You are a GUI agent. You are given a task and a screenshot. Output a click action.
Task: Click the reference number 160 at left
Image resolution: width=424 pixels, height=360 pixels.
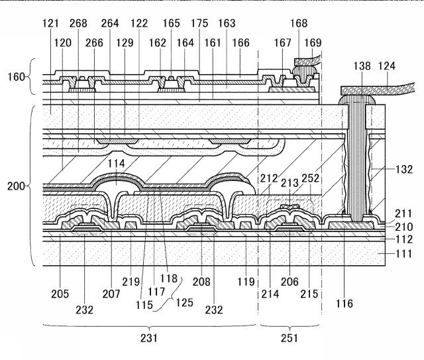[17, 77]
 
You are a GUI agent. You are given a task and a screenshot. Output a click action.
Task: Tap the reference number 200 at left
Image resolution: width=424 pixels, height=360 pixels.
[17, 186]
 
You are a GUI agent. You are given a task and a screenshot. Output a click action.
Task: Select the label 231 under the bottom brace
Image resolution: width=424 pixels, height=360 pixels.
[149, 338]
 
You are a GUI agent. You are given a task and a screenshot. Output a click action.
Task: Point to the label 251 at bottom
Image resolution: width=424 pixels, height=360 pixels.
[289, 338]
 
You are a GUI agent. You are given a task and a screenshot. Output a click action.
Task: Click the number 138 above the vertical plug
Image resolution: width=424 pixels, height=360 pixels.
[362, 66]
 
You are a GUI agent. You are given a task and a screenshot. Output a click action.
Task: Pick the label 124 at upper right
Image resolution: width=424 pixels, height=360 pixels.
[387, 66]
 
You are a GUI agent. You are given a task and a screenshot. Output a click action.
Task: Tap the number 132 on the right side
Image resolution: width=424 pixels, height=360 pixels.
[404, 170]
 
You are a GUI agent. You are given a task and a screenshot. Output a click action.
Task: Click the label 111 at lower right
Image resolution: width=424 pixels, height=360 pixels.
[404, 254]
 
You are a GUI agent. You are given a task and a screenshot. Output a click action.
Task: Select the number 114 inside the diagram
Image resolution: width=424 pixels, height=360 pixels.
[117, 164]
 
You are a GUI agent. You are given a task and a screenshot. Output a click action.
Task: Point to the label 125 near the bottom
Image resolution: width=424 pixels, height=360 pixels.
[184, 302]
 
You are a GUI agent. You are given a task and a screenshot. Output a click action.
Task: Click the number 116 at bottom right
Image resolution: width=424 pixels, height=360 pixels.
[344, 304]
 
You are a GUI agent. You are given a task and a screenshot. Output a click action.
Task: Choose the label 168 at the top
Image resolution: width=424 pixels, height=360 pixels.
[299, 23]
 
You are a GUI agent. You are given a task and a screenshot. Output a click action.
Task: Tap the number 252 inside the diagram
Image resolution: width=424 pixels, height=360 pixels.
[311, 178]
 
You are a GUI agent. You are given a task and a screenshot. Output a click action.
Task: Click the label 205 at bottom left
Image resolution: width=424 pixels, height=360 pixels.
[60, 294]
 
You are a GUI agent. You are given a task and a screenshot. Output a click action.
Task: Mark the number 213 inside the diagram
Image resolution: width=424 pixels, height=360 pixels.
[290, 183]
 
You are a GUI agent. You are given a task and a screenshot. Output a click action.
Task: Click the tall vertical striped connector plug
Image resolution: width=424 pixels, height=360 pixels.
[357, 160]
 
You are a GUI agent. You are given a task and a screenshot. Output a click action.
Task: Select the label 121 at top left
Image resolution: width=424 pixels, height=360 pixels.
[50, 23]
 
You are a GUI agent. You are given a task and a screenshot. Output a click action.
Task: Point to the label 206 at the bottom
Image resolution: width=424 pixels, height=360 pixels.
[290, 282]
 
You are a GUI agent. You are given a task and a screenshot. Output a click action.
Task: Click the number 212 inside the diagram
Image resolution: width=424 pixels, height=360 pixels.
[270, 178]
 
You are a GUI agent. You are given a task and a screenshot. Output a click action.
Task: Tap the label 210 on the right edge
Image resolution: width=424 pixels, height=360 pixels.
[404, 227]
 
